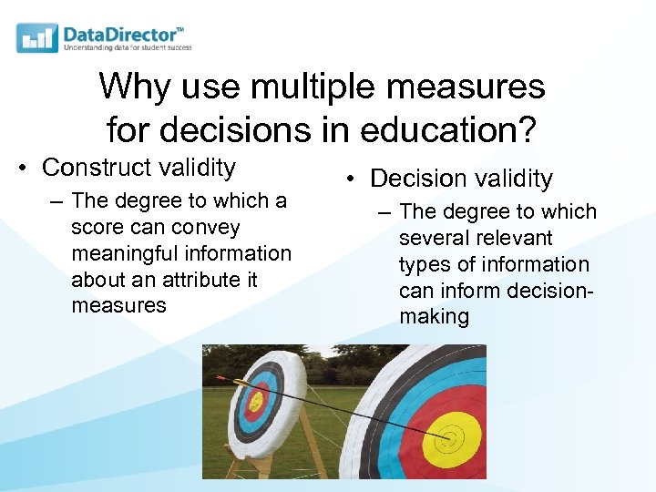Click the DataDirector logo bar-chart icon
point(37,37)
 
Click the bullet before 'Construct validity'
point(27,169)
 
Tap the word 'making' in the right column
point(434,317)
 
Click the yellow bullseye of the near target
point(446,439)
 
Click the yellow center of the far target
point(256,401)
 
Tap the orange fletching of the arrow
point(222,376)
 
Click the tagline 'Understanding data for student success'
point(128,47)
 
